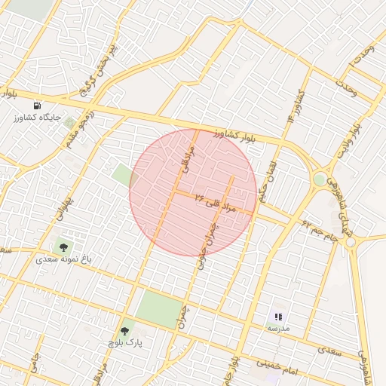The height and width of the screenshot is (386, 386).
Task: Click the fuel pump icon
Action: pos(38,106)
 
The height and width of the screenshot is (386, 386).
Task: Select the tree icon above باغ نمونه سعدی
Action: pos(63,246)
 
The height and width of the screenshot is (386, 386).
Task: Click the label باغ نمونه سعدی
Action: pos(66,259)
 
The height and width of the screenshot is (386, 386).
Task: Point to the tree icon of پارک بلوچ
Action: pos(125,330)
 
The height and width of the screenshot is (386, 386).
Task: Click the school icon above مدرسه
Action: pos(278,317)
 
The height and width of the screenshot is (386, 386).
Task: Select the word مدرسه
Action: pos(277,329)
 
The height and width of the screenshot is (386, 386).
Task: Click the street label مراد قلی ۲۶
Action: pos(216,201)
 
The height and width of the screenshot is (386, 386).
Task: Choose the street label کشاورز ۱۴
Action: pos(294,106)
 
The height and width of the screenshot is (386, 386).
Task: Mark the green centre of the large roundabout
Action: pos(320,179)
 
